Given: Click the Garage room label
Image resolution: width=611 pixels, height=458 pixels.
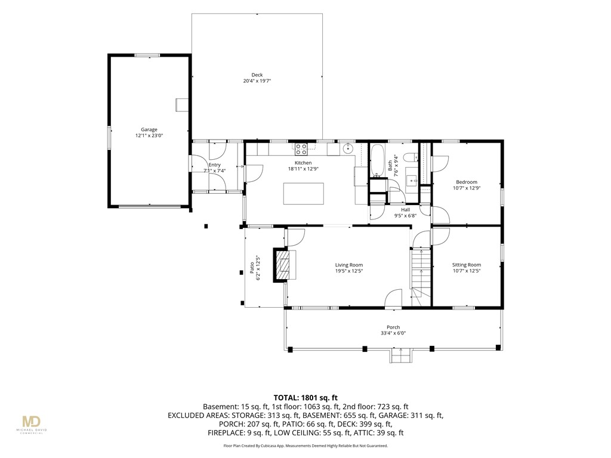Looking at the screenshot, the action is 149,129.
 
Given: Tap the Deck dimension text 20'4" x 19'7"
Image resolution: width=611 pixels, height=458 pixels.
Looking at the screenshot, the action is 257,81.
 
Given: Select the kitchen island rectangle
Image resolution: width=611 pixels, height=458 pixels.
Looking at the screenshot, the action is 304,194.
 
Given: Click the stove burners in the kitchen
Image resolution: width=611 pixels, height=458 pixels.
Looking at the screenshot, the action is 301,147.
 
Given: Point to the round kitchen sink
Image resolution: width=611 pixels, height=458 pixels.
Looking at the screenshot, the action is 348,148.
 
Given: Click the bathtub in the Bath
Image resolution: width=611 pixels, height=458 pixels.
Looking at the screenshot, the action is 377,160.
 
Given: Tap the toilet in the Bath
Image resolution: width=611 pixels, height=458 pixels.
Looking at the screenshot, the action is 410,157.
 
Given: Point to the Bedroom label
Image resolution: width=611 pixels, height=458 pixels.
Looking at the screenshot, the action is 467,182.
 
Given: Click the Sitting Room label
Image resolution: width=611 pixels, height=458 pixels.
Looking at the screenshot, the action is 467,265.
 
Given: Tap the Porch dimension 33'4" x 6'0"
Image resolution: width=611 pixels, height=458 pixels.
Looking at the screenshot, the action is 394,333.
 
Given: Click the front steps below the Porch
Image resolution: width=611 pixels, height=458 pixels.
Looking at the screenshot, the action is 400,355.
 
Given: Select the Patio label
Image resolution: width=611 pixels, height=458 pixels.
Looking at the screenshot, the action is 252,268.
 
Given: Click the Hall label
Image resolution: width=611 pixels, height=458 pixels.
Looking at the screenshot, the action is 405,209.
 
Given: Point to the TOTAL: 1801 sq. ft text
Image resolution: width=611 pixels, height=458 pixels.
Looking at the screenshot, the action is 305,398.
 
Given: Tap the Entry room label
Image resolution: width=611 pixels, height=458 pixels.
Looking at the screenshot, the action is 214,165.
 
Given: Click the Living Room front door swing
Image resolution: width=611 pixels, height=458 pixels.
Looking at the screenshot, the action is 393,298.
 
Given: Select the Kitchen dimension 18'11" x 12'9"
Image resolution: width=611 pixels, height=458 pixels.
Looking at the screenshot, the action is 303,169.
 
